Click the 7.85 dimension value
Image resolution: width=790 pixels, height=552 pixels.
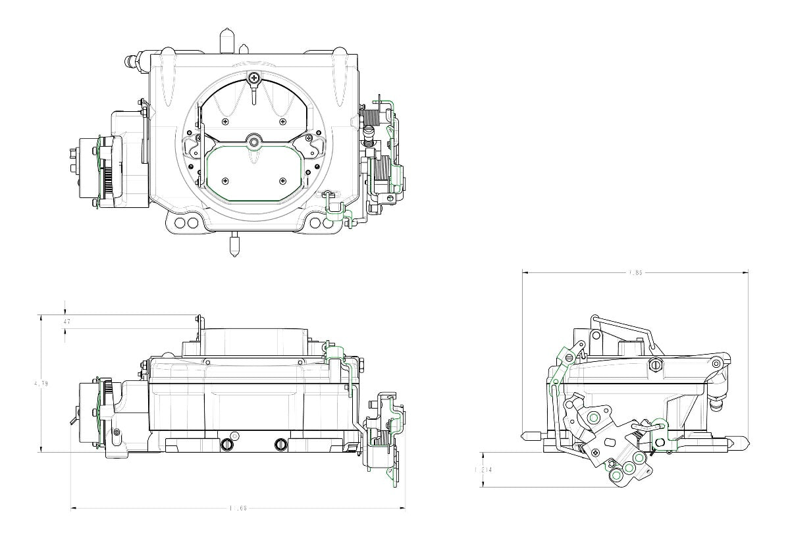coord(635,272)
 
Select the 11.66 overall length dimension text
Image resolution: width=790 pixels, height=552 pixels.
coord(238,509)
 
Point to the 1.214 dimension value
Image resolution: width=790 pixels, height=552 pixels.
coord(483,470)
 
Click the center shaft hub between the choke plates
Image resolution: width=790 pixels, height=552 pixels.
coord(254,141)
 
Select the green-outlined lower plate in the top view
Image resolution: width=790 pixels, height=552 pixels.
coord(254,174)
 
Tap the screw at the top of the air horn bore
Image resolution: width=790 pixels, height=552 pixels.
coord(254,79)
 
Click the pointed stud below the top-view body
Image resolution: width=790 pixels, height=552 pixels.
coord(234,247)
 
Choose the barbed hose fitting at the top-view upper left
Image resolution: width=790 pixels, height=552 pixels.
coord(132,63)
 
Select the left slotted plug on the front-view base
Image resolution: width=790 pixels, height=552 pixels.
coord(228,443)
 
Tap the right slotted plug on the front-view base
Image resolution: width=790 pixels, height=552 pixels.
coord(281,443)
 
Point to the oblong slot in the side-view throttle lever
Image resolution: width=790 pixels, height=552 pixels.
coord(610,441)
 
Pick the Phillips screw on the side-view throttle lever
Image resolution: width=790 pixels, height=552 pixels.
coord(596,452)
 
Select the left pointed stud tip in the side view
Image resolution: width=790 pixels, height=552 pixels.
coord(525,436)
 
